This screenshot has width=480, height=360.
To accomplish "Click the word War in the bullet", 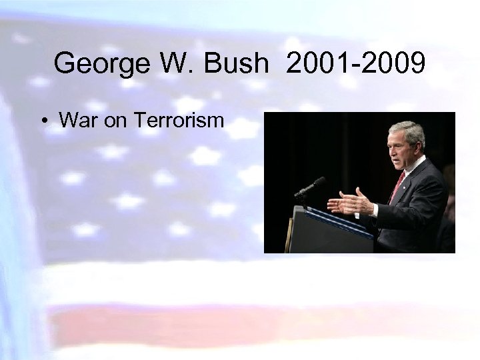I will [x=75, y=121].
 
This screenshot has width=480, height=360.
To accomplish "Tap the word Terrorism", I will [x=179, y=121].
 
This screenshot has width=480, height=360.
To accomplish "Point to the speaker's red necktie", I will [x=397, y=186].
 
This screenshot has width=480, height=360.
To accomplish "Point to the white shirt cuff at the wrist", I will [x=375, y=209].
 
